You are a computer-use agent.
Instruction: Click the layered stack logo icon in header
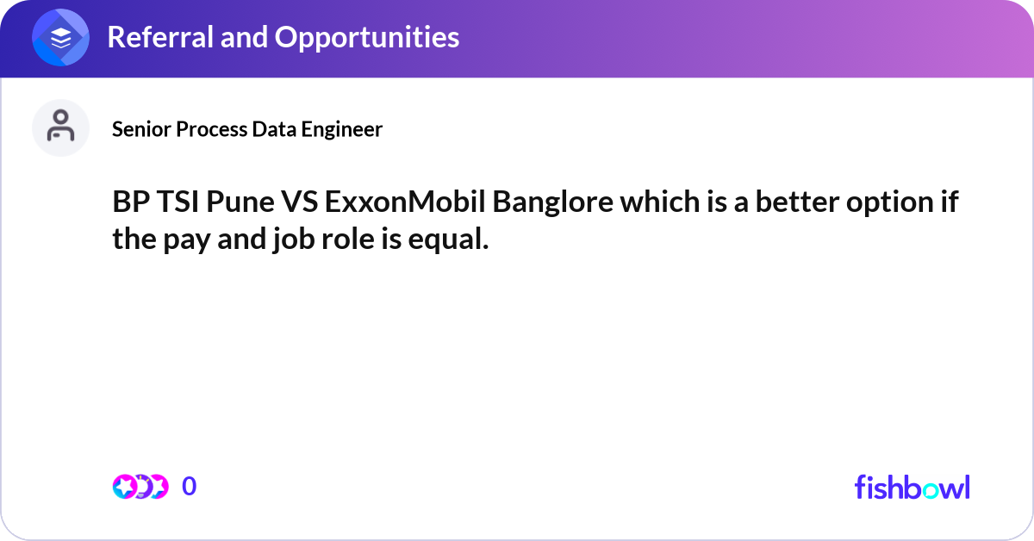click(61, 38)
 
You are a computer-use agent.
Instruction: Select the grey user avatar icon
click(60, 127)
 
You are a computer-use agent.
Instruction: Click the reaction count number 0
click(189, 487)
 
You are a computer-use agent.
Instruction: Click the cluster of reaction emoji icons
click(140, 487)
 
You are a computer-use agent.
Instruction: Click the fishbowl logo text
click(912, 487)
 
